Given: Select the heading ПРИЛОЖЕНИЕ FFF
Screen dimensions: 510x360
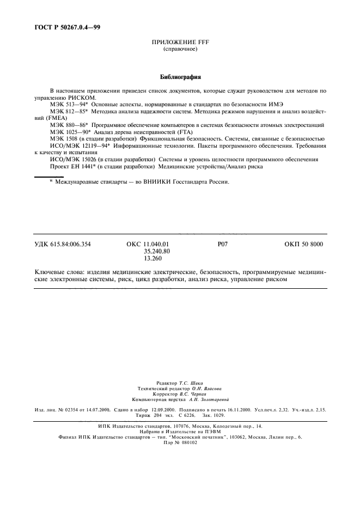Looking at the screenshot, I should (180, 42).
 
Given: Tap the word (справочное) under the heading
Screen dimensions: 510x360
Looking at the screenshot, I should (180, 49).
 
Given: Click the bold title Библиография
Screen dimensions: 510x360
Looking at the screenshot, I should (180, 77).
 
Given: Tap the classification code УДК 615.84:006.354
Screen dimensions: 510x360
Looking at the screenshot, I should (63, 244).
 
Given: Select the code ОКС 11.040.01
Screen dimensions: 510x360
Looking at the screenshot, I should (144, 244).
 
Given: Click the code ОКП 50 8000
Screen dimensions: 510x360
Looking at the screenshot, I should (303, 244).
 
